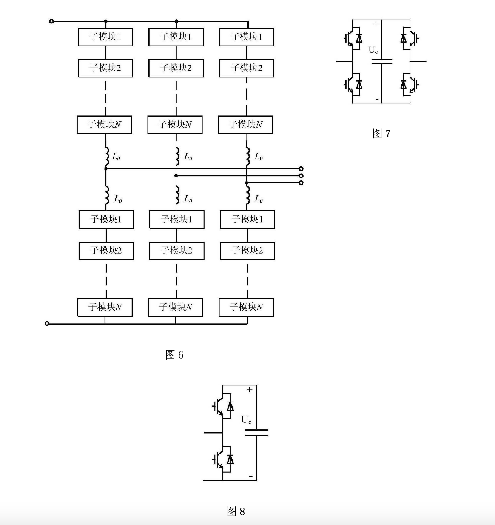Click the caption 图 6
[x=174, y=355]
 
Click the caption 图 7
[x=381, y=134]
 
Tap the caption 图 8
[x=236, y=511]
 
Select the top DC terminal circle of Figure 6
[x=51, y=21]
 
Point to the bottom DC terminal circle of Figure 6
[x=47, y=324]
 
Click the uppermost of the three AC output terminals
[x=301, y=168]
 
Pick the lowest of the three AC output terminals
[x=301, y=183]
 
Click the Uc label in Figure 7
[x=373, y=50]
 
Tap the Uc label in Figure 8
[x=246, y=420]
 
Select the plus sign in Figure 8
[x=249, y=389]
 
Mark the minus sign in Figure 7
[x=377, y=99]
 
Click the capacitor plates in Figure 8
[x=256, y=433]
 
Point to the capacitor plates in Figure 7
[x=381, y=61]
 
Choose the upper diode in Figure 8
[x=230, y=406]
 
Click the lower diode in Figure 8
[x=230, y=459]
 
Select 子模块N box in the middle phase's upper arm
[x=175, y=125]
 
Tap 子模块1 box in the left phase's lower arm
[x=106, y=220]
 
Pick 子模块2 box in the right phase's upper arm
[x=247, y=68]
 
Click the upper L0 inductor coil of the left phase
[x=106, y=157]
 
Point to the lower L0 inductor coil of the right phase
[x=247, y=198]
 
